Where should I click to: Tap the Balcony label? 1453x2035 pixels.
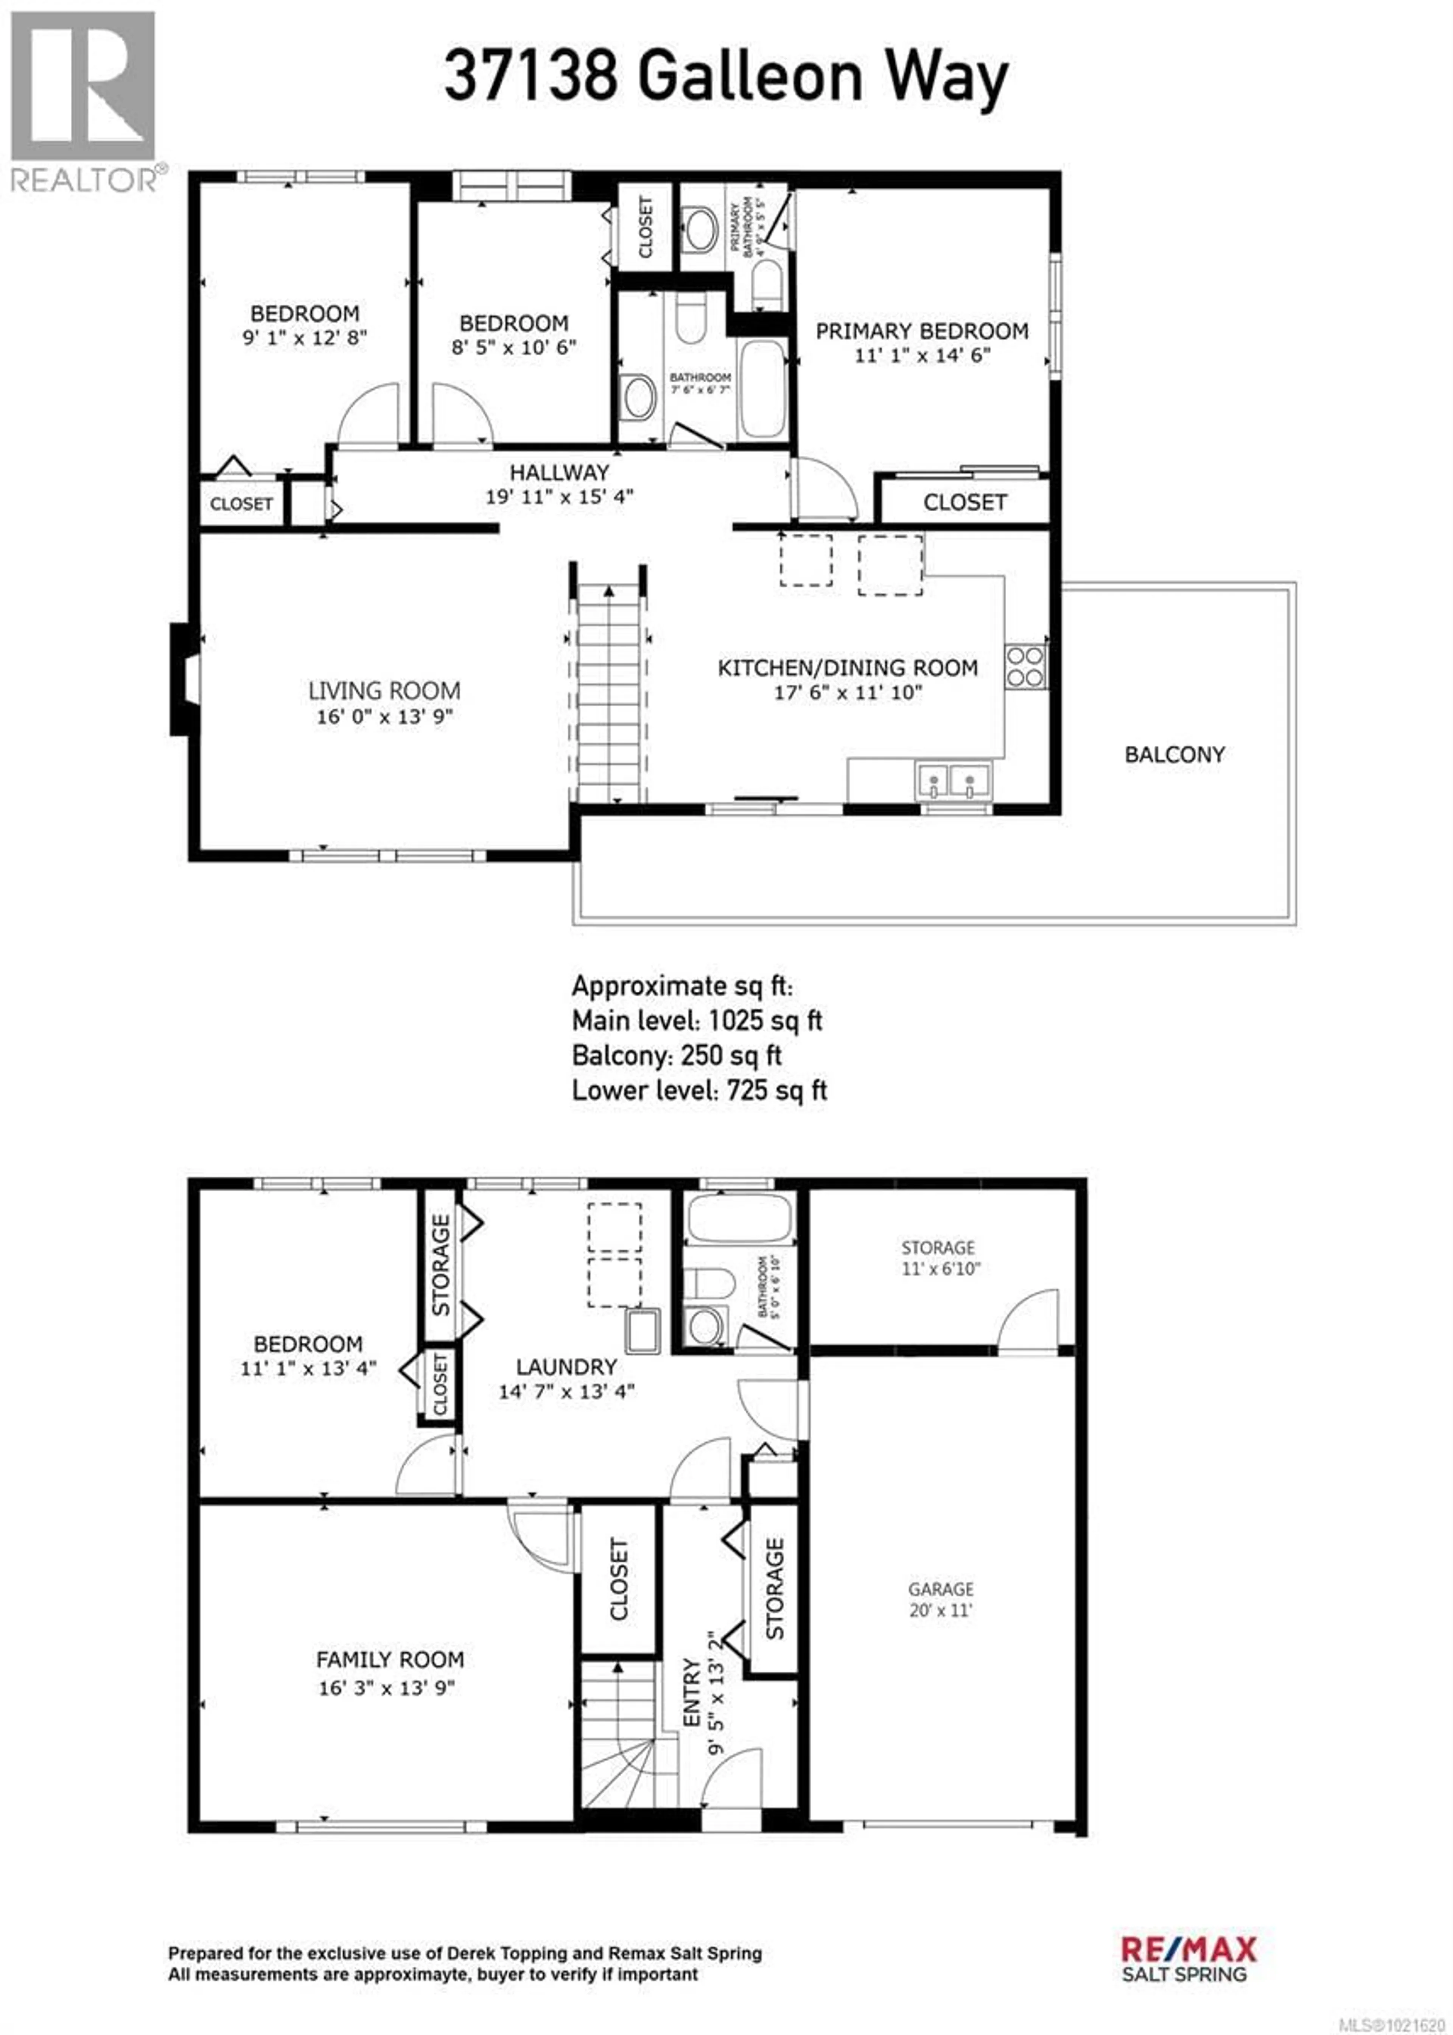click(1174, 754)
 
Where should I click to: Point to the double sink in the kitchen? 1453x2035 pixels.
click(952, 780)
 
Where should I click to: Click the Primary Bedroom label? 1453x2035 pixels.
click(921, 331)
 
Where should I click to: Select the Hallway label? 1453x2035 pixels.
click(559, 472)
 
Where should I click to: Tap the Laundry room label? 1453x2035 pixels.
click(566, 1367)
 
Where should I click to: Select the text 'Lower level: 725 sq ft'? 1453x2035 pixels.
click(699, 1090)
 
